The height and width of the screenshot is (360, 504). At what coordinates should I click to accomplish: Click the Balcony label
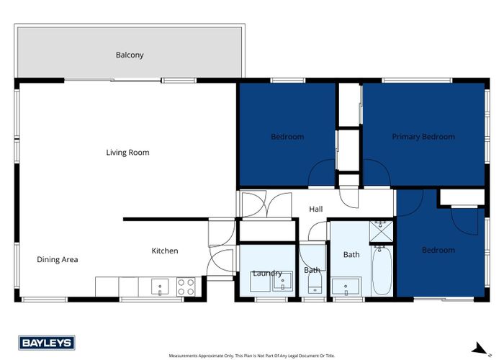click(x=130, y=55)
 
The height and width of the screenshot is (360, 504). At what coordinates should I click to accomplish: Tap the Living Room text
click(x=127, y=153)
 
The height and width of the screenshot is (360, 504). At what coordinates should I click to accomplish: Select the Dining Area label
click(x=58, y=260)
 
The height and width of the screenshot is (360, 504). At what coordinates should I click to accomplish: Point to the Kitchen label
click(x=164, y=251)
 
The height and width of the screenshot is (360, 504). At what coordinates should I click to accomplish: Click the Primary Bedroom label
click(x=423, y=137)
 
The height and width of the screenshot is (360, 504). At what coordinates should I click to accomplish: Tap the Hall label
click(x=316, y=210)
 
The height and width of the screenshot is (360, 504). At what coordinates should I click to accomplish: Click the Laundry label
click(x=266, y=273)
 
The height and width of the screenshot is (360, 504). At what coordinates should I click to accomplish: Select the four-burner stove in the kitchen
click(x=186, y=287)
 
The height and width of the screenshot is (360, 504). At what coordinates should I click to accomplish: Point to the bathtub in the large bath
click(x=382, y=271)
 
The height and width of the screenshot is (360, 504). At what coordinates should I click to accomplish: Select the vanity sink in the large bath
click(x=346, y=287)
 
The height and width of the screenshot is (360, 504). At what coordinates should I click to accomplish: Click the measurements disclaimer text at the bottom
click(x=252, y=356)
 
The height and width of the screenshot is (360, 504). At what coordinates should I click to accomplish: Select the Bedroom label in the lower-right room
click(x=438, y=251)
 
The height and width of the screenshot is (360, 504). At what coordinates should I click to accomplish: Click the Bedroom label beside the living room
click(x=287, y=137)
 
